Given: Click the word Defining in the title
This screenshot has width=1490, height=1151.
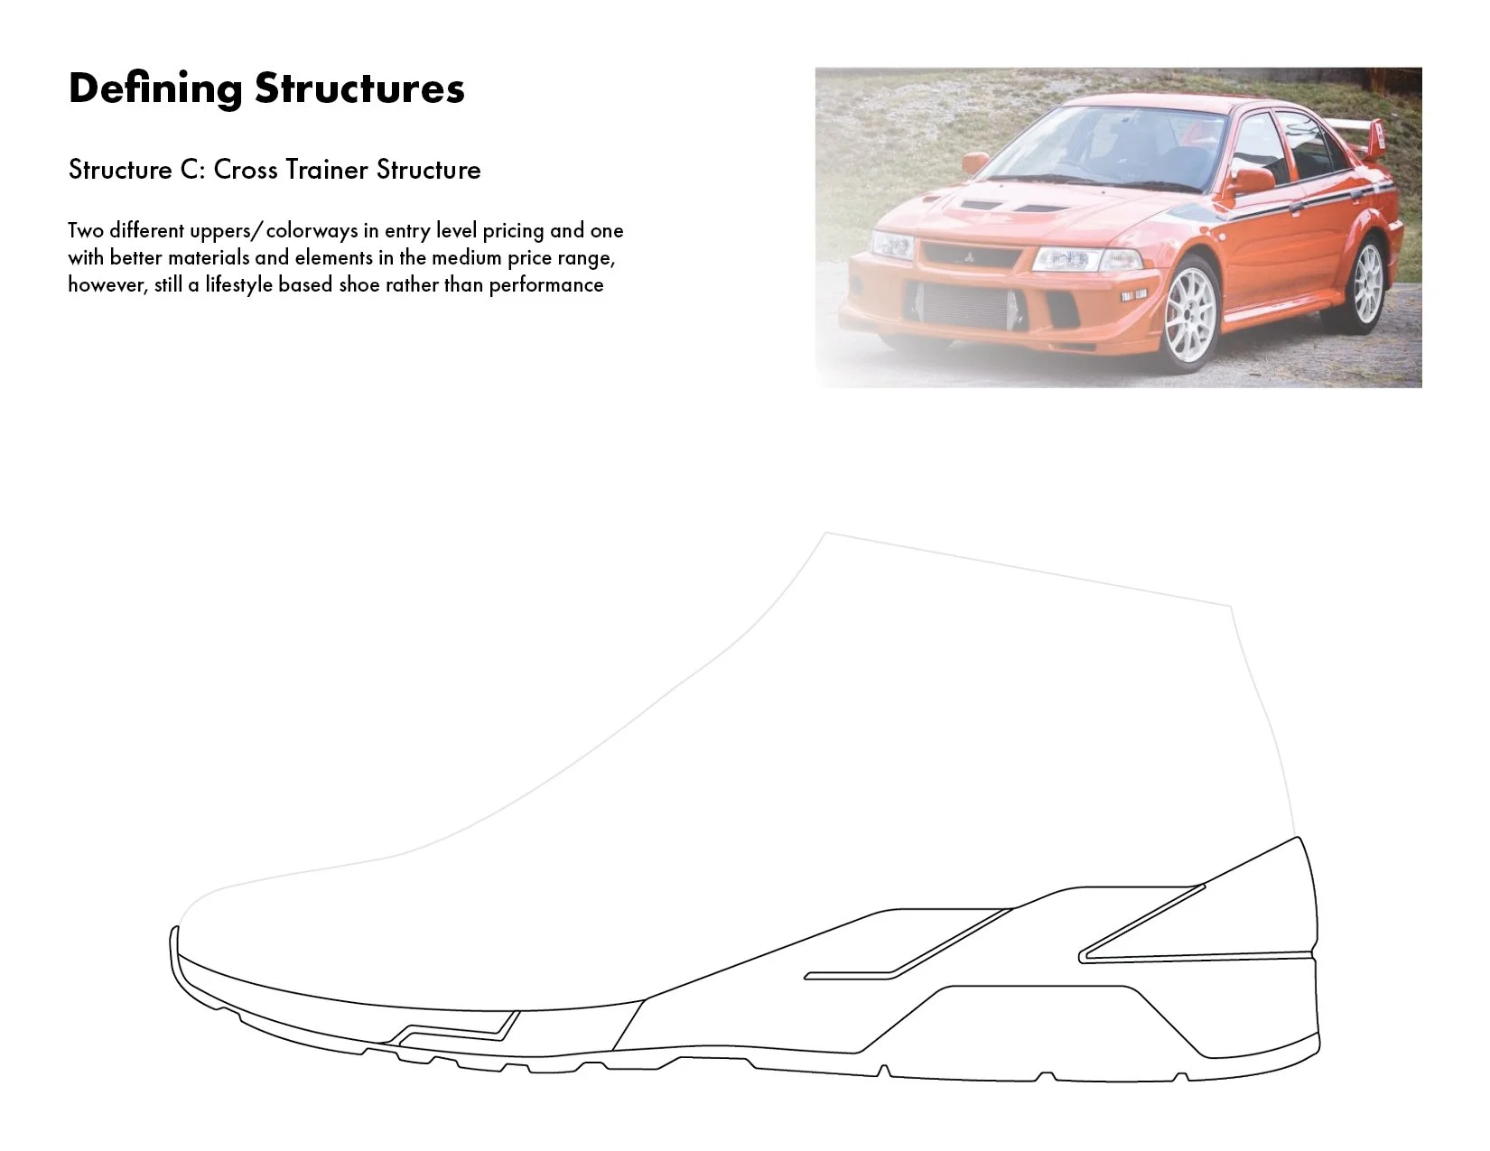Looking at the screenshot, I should (x=155, y=89).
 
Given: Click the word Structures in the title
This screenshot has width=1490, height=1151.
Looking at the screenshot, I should (x=359, y=89).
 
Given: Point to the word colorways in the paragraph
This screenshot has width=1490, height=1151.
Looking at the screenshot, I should (x=312, y=231).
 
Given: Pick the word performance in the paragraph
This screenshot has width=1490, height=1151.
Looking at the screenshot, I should (x=546, y=285).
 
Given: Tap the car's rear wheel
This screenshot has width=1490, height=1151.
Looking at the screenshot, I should (x=1367, y=283).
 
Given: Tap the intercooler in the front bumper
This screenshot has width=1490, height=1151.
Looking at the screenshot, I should (x=966, y=305).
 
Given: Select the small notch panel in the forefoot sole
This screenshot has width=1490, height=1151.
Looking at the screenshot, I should (x=456, y=1028).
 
